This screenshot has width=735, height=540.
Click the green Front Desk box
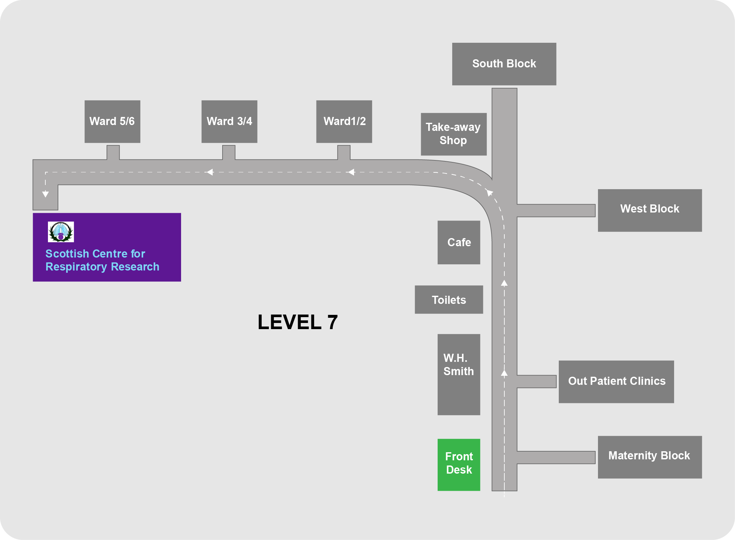click(458, 465)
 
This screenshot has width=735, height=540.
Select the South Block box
click(504, 64)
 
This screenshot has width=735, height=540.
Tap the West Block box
click(650, 211)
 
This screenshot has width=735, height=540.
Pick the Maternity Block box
click(650, 457)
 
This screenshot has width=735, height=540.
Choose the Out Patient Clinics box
click(616, 382)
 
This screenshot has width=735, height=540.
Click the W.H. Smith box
click(458, 374)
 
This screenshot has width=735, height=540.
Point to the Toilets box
click(449, 300)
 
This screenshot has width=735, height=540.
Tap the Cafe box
click(458, 243)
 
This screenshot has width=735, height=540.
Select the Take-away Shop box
click(453, 134)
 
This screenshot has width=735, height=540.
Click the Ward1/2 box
click(344, 121)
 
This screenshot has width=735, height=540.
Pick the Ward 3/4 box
click(229, 121)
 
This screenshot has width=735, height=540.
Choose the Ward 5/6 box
click(112, 121)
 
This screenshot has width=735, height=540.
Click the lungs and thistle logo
click(61, 232)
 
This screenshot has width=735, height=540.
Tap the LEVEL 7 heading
click(297, 322)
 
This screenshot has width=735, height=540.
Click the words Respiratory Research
click(102, 267)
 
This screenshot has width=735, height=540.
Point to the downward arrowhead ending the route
click(45, 194)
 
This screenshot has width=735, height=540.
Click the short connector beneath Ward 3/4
click(229, 152)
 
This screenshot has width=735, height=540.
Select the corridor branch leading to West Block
click(556, 211)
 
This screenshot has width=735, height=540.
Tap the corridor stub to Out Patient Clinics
click(536, 382)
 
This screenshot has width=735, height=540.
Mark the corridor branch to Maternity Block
click(556, 457)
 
